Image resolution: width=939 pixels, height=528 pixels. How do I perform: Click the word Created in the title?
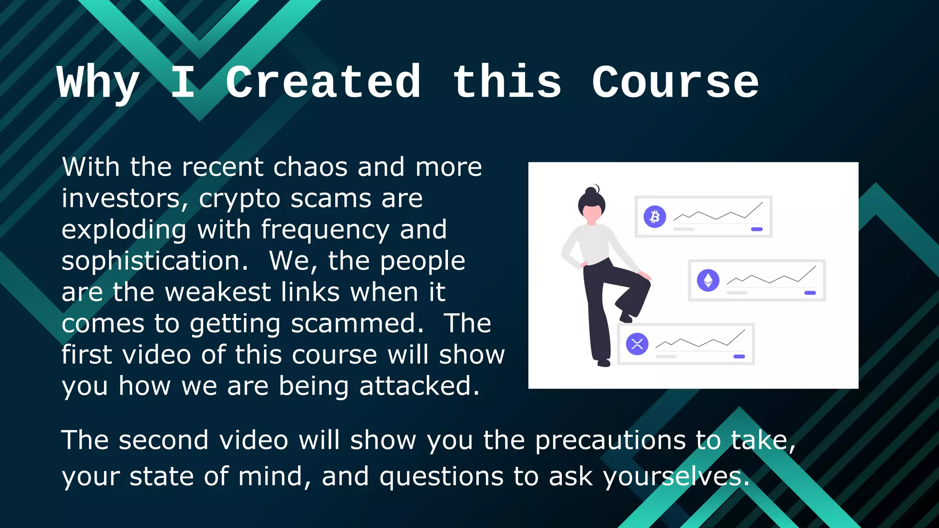point(323,82)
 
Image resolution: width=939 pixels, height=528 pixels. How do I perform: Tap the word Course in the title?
point(675,82)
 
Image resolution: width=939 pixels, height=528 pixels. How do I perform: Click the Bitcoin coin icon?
point(655,216)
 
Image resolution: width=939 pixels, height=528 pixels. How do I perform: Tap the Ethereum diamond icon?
point(708,280)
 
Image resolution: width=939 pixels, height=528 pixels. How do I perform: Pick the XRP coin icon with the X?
point(637,344)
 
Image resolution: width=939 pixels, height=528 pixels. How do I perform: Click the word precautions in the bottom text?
point(610,441)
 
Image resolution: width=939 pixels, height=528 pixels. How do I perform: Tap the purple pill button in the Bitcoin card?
point(757,229)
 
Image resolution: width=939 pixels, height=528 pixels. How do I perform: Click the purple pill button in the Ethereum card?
point(810,293)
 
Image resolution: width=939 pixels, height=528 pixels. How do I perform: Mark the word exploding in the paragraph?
point(124,230)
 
